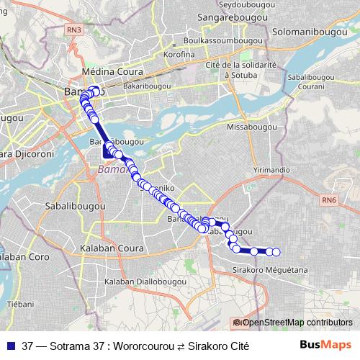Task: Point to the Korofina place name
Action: [x=180, y=54]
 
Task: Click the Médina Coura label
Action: [x=114, y=73]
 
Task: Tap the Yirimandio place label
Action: [x=272, y=168]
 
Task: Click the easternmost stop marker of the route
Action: [x=276, y=252]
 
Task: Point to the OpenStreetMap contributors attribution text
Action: [x=296, y=322]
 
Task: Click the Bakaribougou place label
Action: [x=147, y=86]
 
